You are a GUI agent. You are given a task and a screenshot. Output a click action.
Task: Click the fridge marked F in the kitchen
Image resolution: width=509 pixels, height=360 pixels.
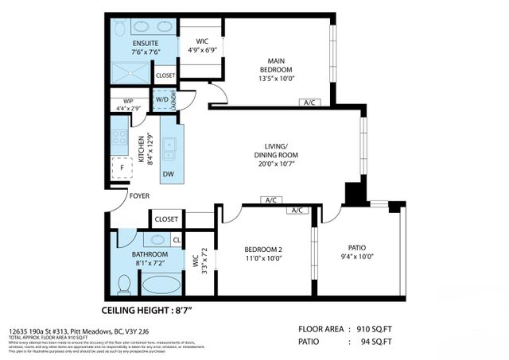tap(120, 168)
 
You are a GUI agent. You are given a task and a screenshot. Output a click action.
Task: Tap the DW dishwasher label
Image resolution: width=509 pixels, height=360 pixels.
tap(169, 174)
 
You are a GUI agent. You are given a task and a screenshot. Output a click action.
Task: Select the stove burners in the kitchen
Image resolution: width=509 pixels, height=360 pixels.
tap(119, 137)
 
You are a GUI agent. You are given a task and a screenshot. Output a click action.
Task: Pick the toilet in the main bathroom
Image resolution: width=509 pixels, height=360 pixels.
tap(123, 284)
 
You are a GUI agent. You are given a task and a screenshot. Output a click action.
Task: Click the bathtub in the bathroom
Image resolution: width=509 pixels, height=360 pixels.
tap(163, 284)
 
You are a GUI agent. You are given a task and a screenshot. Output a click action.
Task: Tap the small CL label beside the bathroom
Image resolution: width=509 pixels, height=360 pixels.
tap(176, 239)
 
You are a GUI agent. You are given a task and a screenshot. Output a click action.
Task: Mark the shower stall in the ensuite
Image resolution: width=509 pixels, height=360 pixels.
tap(130, 73)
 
